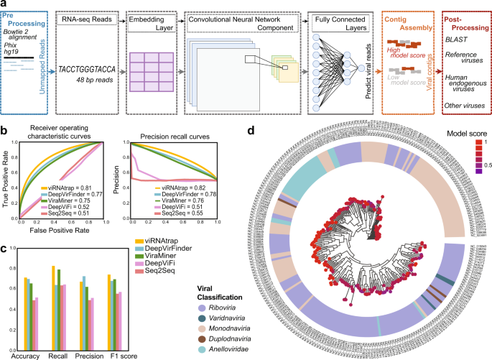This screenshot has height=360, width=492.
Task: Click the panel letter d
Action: click(249, 131)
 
